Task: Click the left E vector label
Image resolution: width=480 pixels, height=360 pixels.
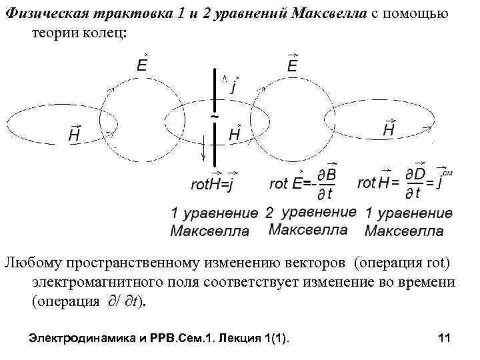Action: tap(142, 65)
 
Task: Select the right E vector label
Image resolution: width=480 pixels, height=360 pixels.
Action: tap(293, 65)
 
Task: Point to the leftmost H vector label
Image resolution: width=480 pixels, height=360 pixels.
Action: tap(75, 134)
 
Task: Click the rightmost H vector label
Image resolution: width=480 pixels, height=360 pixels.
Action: tap(389, 129)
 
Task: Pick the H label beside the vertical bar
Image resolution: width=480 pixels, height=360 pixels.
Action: tap(235, 134)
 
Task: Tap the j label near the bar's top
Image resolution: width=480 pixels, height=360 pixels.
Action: tap(234, 85)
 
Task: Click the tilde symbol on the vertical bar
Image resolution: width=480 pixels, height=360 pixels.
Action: tap(215, 117)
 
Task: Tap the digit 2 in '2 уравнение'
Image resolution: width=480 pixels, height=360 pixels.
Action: tap(269, 213)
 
